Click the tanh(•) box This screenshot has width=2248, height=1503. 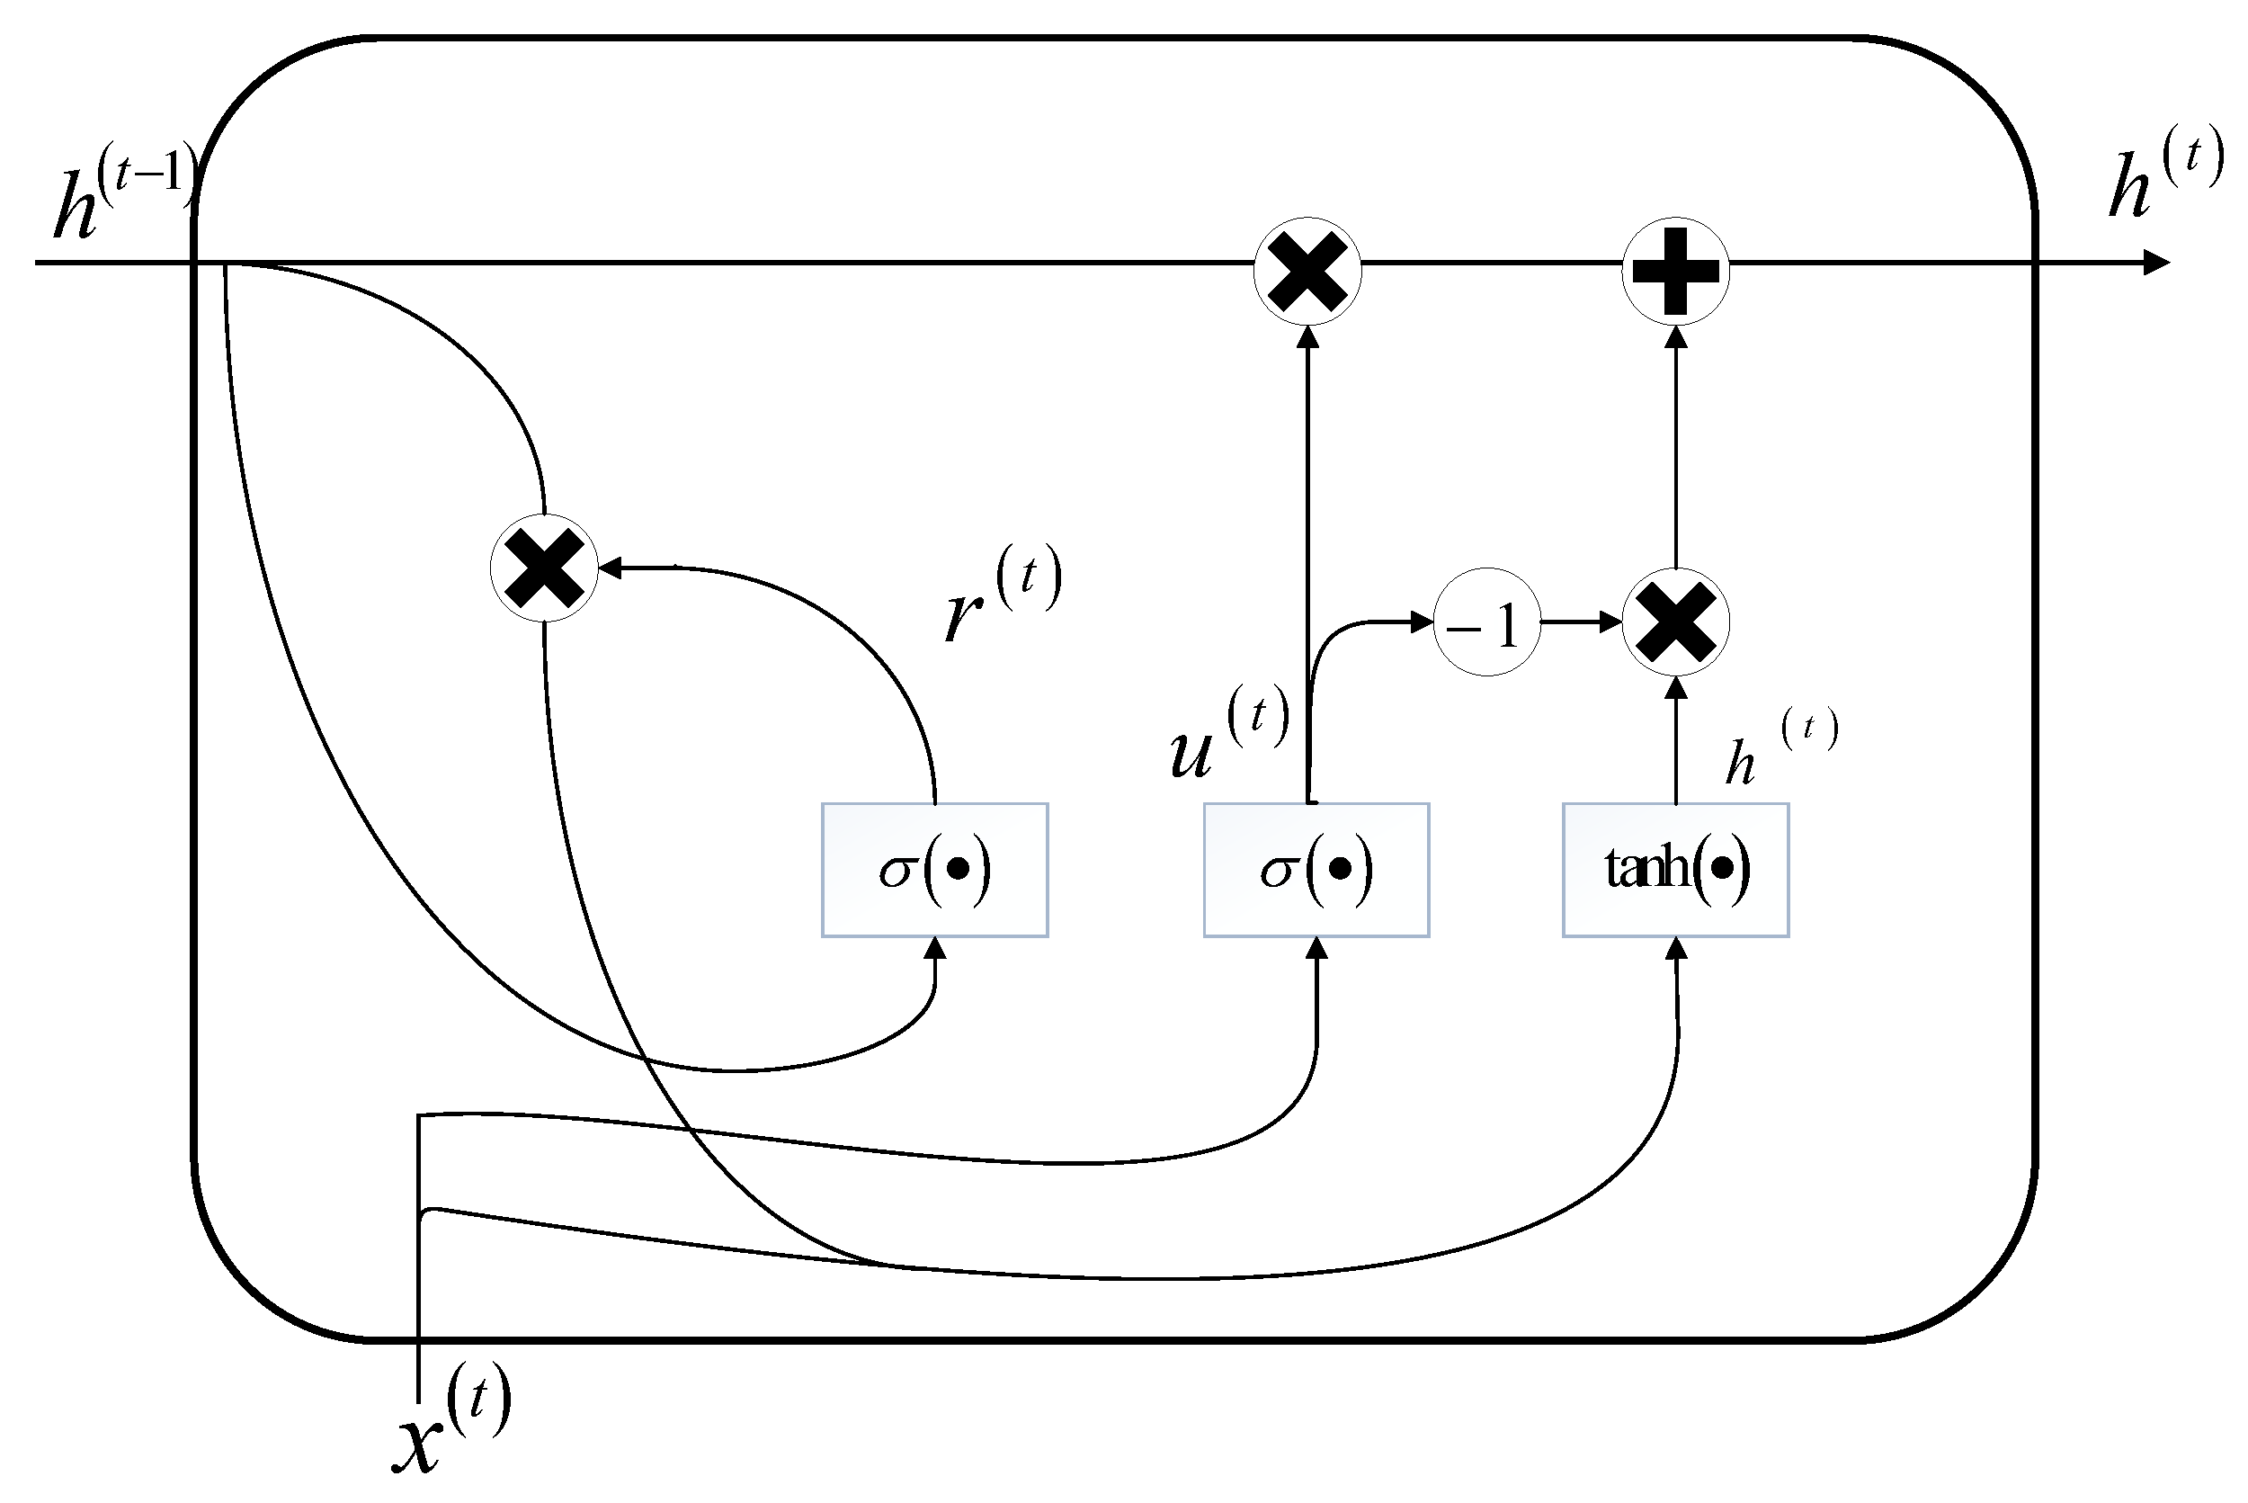[1675, 870]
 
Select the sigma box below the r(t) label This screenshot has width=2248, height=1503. [934, 870]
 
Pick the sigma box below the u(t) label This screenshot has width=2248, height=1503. [1316, 870]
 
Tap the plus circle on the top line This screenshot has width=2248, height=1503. [1675, 272]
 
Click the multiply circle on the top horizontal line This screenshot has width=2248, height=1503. [1307, 272]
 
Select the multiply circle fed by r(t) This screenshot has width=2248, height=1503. [543, 568]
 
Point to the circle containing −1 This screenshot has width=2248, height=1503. [1486, 622]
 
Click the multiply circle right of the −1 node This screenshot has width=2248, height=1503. [1675, 622]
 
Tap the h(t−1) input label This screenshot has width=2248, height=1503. [125, 192]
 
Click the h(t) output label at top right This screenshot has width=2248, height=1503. [2165, 173]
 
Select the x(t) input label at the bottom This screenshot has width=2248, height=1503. [450, 1418]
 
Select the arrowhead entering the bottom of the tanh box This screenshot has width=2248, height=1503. [1676, 949]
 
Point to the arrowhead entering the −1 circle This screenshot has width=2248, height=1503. [1422, 622]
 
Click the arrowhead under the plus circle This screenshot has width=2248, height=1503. [1675, 336]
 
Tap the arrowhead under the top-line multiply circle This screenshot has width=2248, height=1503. [1307, 336]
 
